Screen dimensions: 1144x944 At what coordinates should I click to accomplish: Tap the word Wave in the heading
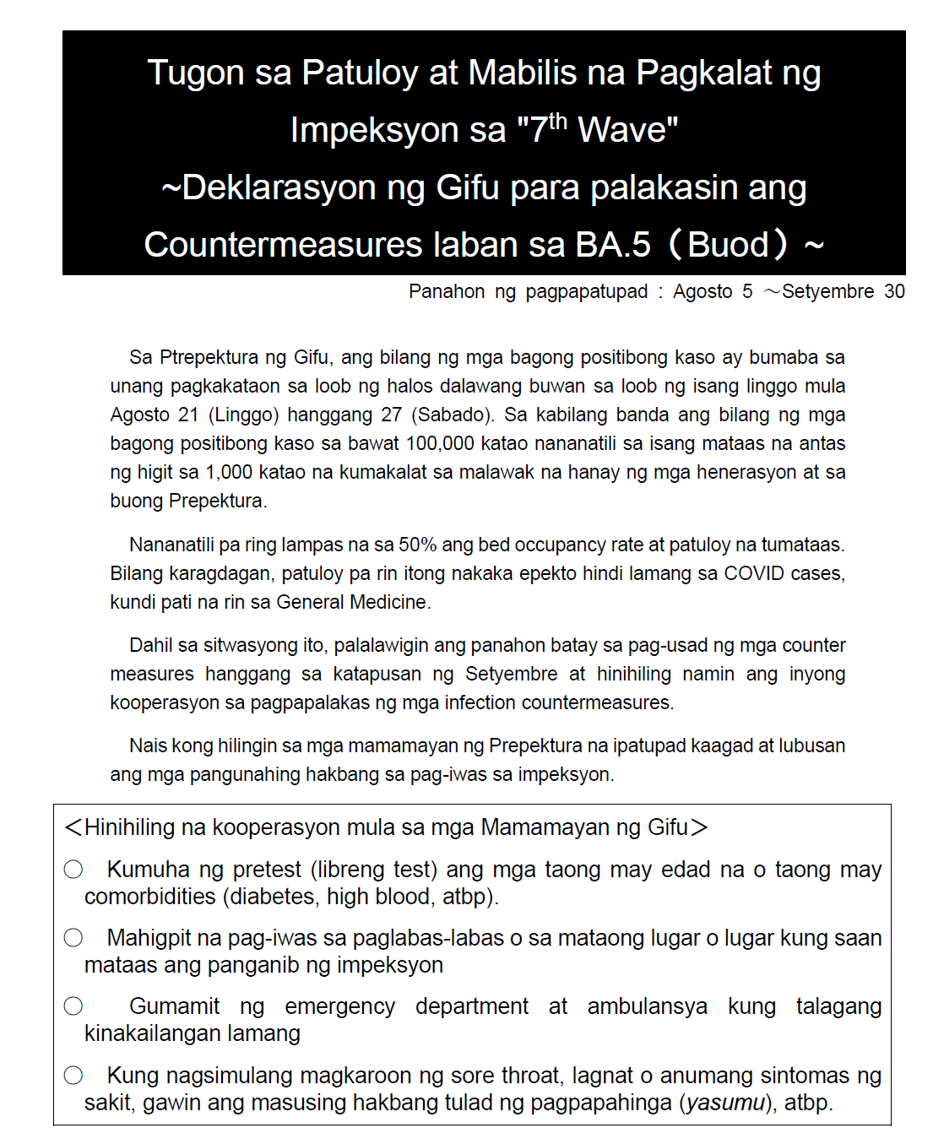627,131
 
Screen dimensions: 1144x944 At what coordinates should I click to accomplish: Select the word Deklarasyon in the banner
279,187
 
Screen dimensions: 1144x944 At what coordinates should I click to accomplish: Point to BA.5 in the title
613,245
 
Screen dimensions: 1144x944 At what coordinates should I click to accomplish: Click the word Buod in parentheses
728,245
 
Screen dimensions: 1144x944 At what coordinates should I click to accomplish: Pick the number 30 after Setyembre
894,292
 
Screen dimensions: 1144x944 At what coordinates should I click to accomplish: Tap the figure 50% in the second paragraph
417,545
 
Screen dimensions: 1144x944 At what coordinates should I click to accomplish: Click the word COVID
753,574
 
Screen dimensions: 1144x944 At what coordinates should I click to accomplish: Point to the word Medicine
390,603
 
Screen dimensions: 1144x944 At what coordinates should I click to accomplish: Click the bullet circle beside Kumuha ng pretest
74,870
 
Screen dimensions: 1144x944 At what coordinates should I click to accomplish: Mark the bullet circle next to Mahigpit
74,938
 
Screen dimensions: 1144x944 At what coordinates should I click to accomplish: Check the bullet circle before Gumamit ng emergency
74,1006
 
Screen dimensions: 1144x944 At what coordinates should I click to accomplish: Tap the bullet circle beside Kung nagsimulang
74,1076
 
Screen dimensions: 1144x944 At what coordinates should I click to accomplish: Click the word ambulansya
647,1007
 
